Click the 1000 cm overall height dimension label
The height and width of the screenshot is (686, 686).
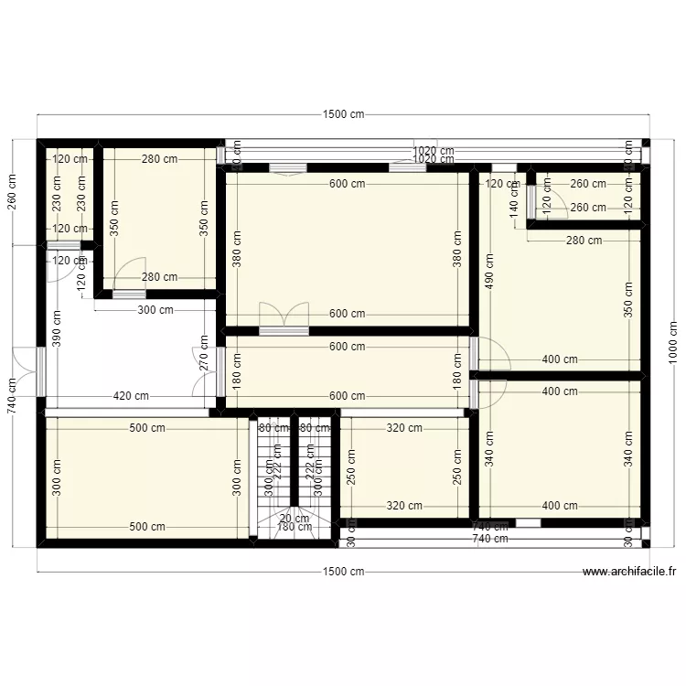673,344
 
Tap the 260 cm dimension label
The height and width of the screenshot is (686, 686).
13,191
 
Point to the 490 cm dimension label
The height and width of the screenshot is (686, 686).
488,271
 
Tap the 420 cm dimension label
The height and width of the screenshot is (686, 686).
131,396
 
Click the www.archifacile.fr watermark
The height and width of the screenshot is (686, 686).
629,573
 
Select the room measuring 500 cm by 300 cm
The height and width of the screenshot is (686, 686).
146,476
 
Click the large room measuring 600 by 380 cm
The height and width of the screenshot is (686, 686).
348,247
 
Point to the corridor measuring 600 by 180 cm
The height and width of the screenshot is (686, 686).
348,371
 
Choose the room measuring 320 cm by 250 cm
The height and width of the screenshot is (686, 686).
403,466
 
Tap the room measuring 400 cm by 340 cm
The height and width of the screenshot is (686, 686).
558,448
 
